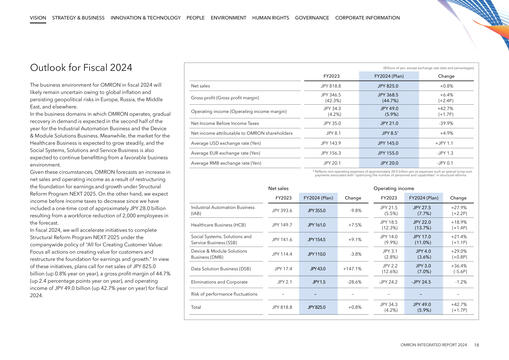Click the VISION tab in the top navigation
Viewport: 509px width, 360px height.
38,19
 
